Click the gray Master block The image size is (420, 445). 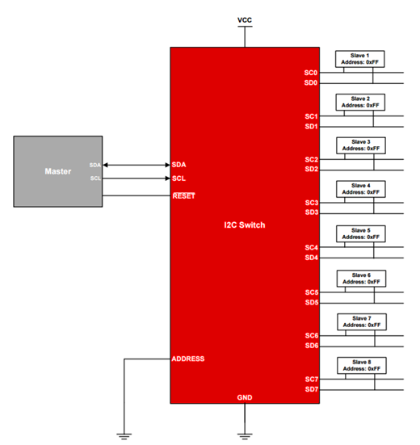click(58, 172)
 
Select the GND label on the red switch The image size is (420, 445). click(245, 397)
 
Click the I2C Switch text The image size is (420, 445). click(244, 225)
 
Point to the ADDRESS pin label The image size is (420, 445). click(188, 359)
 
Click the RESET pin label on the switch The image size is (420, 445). click(184, 195)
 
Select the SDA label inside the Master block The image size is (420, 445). click(95, 165)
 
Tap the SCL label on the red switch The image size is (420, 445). click(179, 178)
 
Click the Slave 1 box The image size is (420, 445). click(360, 58)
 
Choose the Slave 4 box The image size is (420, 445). click(360, 189)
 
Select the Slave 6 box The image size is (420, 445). click(360, 277)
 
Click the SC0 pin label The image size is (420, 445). click(311, 73)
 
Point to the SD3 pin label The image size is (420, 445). click(311, 212)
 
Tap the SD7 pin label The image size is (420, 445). click(311, 389)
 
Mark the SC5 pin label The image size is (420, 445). click(311, 292)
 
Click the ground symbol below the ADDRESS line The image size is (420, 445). click(124, 435)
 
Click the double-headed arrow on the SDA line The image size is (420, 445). click(136, 165)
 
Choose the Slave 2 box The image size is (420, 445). click(360, 102)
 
